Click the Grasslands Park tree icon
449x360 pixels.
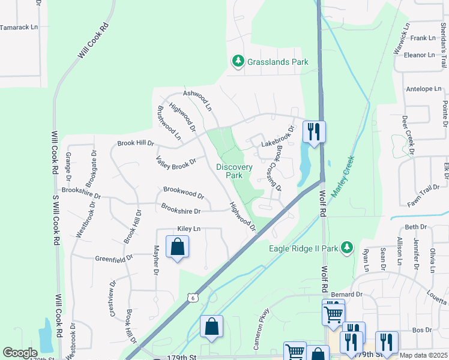tap(238, 61)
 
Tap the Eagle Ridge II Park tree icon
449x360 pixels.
tap(346, 247)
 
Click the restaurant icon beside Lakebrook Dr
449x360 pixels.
tap(314, 132)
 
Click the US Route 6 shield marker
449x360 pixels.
tap(191, 298)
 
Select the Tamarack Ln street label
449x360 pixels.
tap(19, 28)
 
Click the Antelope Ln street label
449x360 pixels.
tap(424, 89)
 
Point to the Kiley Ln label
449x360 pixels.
tap(188, 229)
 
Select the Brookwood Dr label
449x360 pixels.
tap(184, 194)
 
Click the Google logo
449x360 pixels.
tap(20, 353)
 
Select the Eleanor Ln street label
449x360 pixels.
tap(419, 55)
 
